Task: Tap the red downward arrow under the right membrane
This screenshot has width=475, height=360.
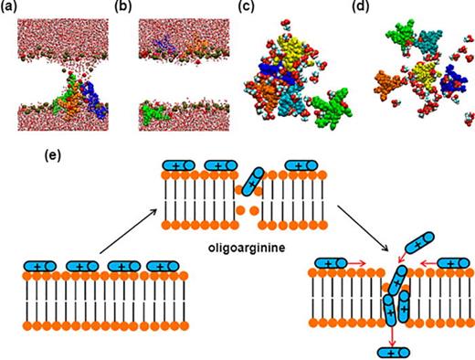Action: [392, 337]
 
